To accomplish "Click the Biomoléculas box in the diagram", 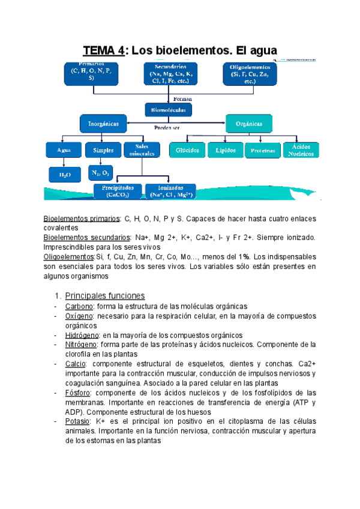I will coord(168,110).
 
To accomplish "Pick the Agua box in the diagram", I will coord(64,149).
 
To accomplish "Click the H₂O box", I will coord(64,174).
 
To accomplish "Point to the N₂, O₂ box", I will coord(100,173).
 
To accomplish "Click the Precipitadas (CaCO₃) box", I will coord(117,191).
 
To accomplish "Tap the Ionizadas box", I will coord(170,191).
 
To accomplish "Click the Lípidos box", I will coord(224,150).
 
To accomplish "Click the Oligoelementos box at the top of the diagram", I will coord(250,74).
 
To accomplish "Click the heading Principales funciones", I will coord(104,295).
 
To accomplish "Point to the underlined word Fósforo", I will coord(77,393).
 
